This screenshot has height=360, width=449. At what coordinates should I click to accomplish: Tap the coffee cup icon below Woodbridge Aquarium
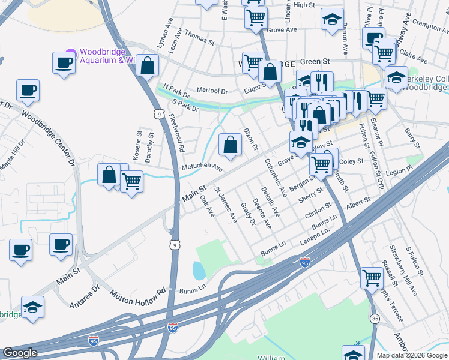[64, 62]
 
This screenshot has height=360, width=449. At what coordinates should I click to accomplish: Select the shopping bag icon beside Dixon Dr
[230, 144]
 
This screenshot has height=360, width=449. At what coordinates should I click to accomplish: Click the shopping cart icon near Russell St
[372, 278]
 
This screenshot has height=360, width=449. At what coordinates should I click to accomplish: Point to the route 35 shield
[375, 318]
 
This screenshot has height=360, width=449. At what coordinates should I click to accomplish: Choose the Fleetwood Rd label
[177, 132]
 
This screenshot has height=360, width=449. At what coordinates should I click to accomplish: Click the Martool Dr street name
[212, 91]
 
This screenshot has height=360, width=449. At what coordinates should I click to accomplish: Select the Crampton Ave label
[427, 26]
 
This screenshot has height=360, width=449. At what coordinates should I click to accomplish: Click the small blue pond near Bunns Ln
[199, 271]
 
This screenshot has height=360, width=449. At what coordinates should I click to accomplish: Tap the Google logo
[20, 353]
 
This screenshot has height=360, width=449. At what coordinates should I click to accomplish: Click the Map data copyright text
[412, 355]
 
